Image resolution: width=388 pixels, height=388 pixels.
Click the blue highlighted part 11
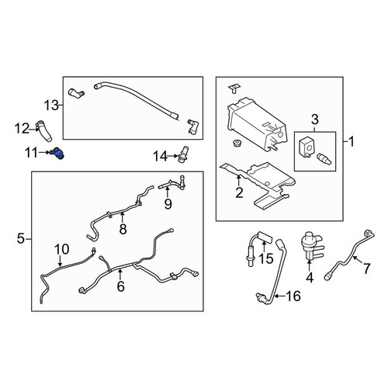click(x=57, y=154)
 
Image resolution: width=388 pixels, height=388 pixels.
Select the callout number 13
click(x=51, y=106)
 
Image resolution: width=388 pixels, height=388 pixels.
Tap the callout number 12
click(x=22, y=129)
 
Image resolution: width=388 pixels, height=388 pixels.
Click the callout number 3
click(x=315, y=120)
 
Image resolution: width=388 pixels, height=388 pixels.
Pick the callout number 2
click(x=239, y=192)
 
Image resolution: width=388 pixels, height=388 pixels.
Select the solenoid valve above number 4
click(x=312, y=245)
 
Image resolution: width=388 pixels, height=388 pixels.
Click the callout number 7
click(x=367, y=268)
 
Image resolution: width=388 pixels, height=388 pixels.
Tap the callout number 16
click(x=293, y=296)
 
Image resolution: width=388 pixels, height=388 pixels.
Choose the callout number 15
click(x=266, y=258)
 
